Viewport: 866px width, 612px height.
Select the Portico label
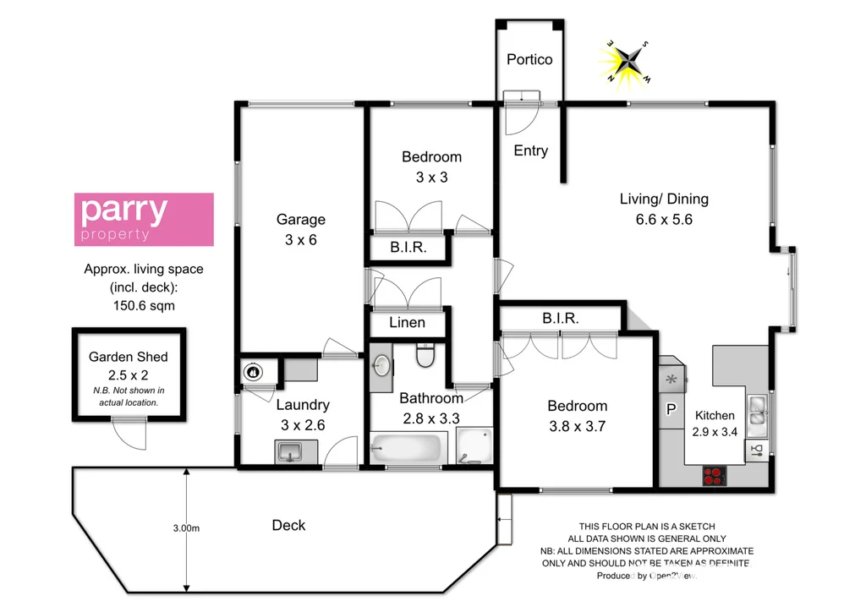pos(529,59)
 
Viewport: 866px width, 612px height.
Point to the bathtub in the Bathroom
pos(406,448)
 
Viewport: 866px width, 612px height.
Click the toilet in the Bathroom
pos(426,358)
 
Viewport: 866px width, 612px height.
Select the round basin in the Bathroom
pos(381,365)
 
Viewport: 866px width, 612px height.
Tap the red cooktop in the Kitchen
pos(715,476)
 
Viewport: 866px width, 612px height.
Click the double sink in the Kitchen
pos(757,409)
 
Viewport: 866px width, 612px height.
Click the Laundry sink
pos(290,451)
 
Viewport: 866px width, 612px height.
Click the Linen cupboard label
pos(407,323)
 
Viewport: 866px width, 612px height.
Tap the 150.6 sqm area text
pos(143,305)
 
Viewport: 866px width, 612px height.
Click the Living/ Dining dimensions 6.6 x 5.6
pos(664,220)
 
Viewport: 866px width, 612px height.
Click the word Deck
pos(288,525)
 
